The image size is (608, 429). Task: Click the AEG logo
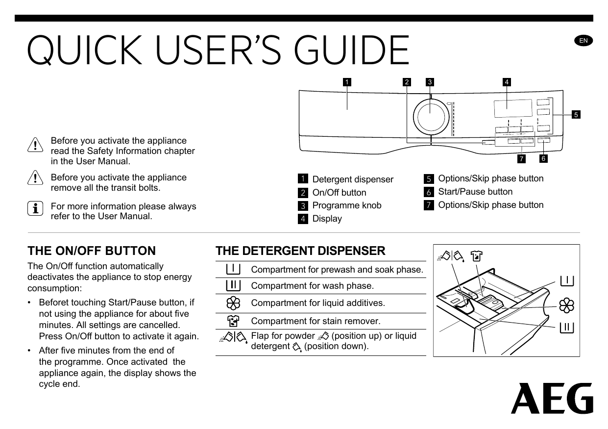pos(552,399)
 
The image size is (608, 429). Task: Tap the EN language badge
pos(584,41)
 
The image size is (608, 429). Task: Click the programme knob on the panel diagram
pos(431,117)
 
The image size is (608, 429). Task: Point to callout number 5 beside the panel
pos(576,115)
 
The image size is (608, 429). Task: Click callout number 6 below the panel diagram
pos(543,159)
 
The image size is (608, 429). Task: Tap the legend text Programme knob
pos(346,205)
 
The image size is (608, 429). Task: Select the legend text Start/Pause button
pos(475,192)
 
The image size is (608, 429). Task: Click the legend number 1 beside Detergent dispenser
pos(303,179)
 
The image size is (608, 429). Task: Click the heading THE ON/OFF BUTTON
pos(92,251)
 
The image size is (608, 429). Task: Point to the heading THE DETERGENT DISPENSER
pos(300,251)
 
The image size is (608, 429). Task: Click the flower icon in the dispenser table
pos(233,303)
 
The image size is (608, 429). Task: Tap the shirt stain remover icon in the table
pos(233,321)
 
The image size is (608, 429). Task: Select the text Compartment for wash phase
pos(312,286)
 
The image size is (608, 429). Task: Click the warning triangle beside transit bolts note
pos(35,179)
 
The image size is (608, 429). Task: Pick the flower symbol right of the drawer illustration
pos(567,305)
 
